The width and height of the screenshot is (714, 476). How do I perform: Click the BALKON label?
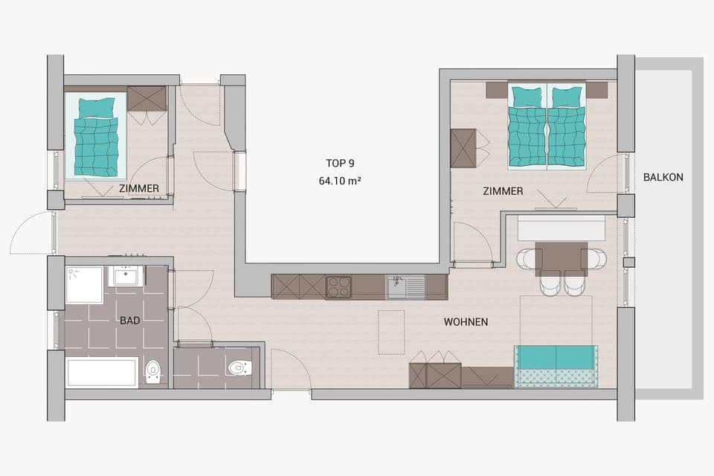pyautogui.click(x=663, y=177)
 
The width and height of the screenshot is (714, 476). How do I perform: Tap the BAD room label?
pyautogui.click(x=130, y=321)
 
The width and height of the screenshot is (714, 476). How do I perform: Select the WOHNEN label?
pyautogui.click(x=466, y=322)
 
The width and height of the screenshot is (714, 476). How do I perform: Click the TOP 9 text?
pyautogui.click(x=340, y=163)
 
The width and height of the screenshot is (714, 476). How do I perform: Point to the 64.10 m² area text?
pyautogui.click(x=340, y=181)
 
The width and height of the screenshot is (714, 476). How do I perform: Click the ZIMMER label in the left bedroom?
pyautogui.click(x=138, y=189)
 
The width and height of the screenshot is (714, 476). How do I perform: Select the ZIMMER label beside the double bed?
pyautogui.click(x=503, y=191)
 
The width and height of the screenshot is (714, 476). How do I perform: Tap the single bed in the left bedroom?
pyautogui.click(x=96, y=138)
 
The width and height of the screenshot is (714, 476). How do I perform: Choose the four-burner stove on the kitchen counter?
pyautogui.click(x=338, y=287)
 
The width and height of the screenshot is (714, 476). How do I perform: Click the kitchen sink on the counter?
pyautogui.click(x=405, y=286)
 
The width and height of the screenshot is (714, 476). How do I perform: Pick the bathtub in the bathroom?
pyautogui.click(x=102, y=372)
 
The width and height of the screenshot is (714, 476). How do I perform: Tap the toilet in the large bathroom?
pyautogui.click(x=153, y=370)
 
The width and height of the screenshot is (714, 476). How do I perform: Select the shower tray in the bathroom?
pyautogui.click(x=84, y=285)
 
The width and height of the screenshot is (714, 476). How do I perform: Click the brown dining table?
pyautogui.click(x=561, y=258)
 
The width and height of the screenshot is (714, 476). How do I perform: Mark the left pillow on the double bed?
pyautogui.click(x=527, y=97)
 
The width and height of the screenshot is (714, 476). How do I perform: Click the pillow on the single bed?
pyautogui.click(x=97, y=107)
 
